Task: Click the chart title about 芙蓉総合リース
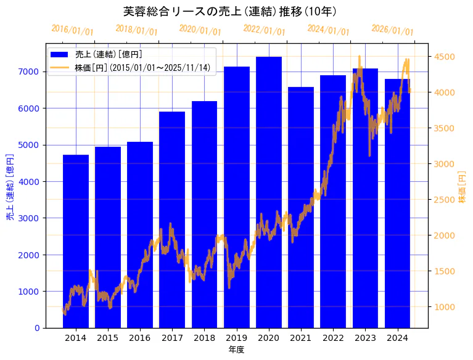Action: click(x=229, y=12)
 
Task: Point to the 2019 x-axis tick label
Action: click(x=237, y=338)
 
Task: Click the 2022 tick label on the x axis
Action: click(x=333, y=338)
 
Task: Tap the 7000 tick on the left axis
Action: click(x=30, y=72)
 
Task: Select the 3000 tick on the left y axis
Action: click(x=30, y=218)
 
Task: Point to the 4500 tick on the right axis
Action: click(x=443, y=57)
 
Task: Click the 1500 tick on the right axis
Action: click(x=443, y=271)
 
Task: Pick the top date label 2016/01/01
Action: click(x=72, y=30)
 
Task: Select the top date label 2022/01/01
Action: click(x=265, y=30)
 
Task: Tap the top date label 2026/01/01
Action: click(x=393, y=30)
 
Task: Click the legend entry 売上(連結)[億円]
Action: click(x=104, y=54)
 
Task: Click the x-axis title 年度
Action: click(x=237, y=350)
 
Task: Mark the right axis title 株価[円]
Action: click(x=462, y=188)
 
